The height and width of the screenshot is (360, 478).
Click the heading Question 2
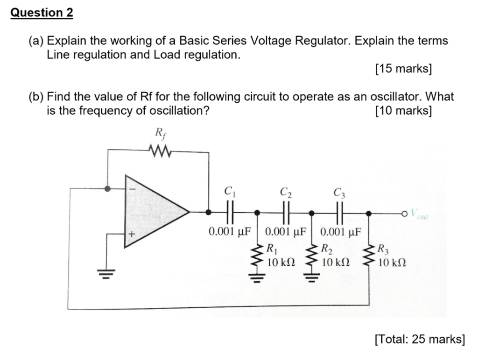tap(42, 13)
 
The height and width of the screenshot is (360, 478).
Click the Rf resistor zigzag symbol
tap(159, 151)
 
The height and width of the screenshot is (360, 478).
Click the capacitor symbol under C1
tap(229, 212)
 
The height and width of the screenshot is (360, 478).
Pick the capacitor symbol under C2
tap(285, 212)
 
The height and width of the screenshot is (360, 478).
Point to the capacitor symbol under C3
tap(340, 212)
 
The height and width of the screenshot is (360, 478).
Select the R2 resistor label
tap(327, 248)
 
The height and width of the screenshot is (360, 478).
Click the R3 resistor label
tap(383, 248)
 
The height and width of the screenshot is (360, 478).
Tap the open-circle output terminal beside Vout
tap(408, 213)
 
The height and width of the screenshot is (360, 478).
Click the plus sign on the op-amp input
tap(132, 235)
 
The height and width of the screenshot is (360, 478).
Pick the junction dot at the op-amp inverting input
tap(108, 189)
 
